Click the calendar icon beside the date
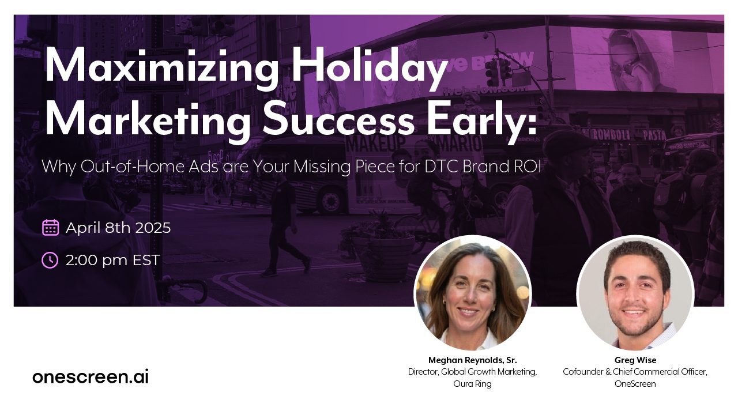tap(51, 228)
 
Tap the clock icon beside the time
tap(50, 260)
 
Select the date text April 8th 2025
tap(118, 228)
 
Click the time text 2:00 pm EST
tap(112, 260)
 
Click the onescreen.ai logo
tap(91, 376)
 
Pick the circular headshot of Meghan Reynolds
tap(473, 293)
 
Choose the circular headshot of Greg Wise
tap(635, 293)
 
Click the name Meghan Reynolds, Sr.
tap(472, 360)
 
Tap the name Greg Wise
tap(635, 360)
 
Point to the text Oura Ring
tap(472, 384)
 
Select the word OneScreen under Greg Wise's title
tap(635, 384)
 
